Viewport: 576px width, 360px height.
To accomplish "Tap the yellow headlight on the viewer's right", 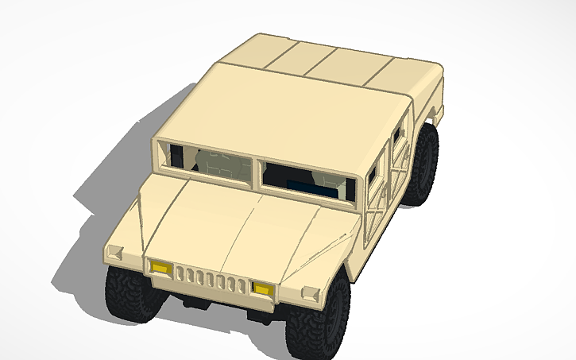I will tap(262, 288).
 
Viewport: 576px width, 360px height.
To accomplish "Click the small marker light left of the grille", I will tap(114, 254).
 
